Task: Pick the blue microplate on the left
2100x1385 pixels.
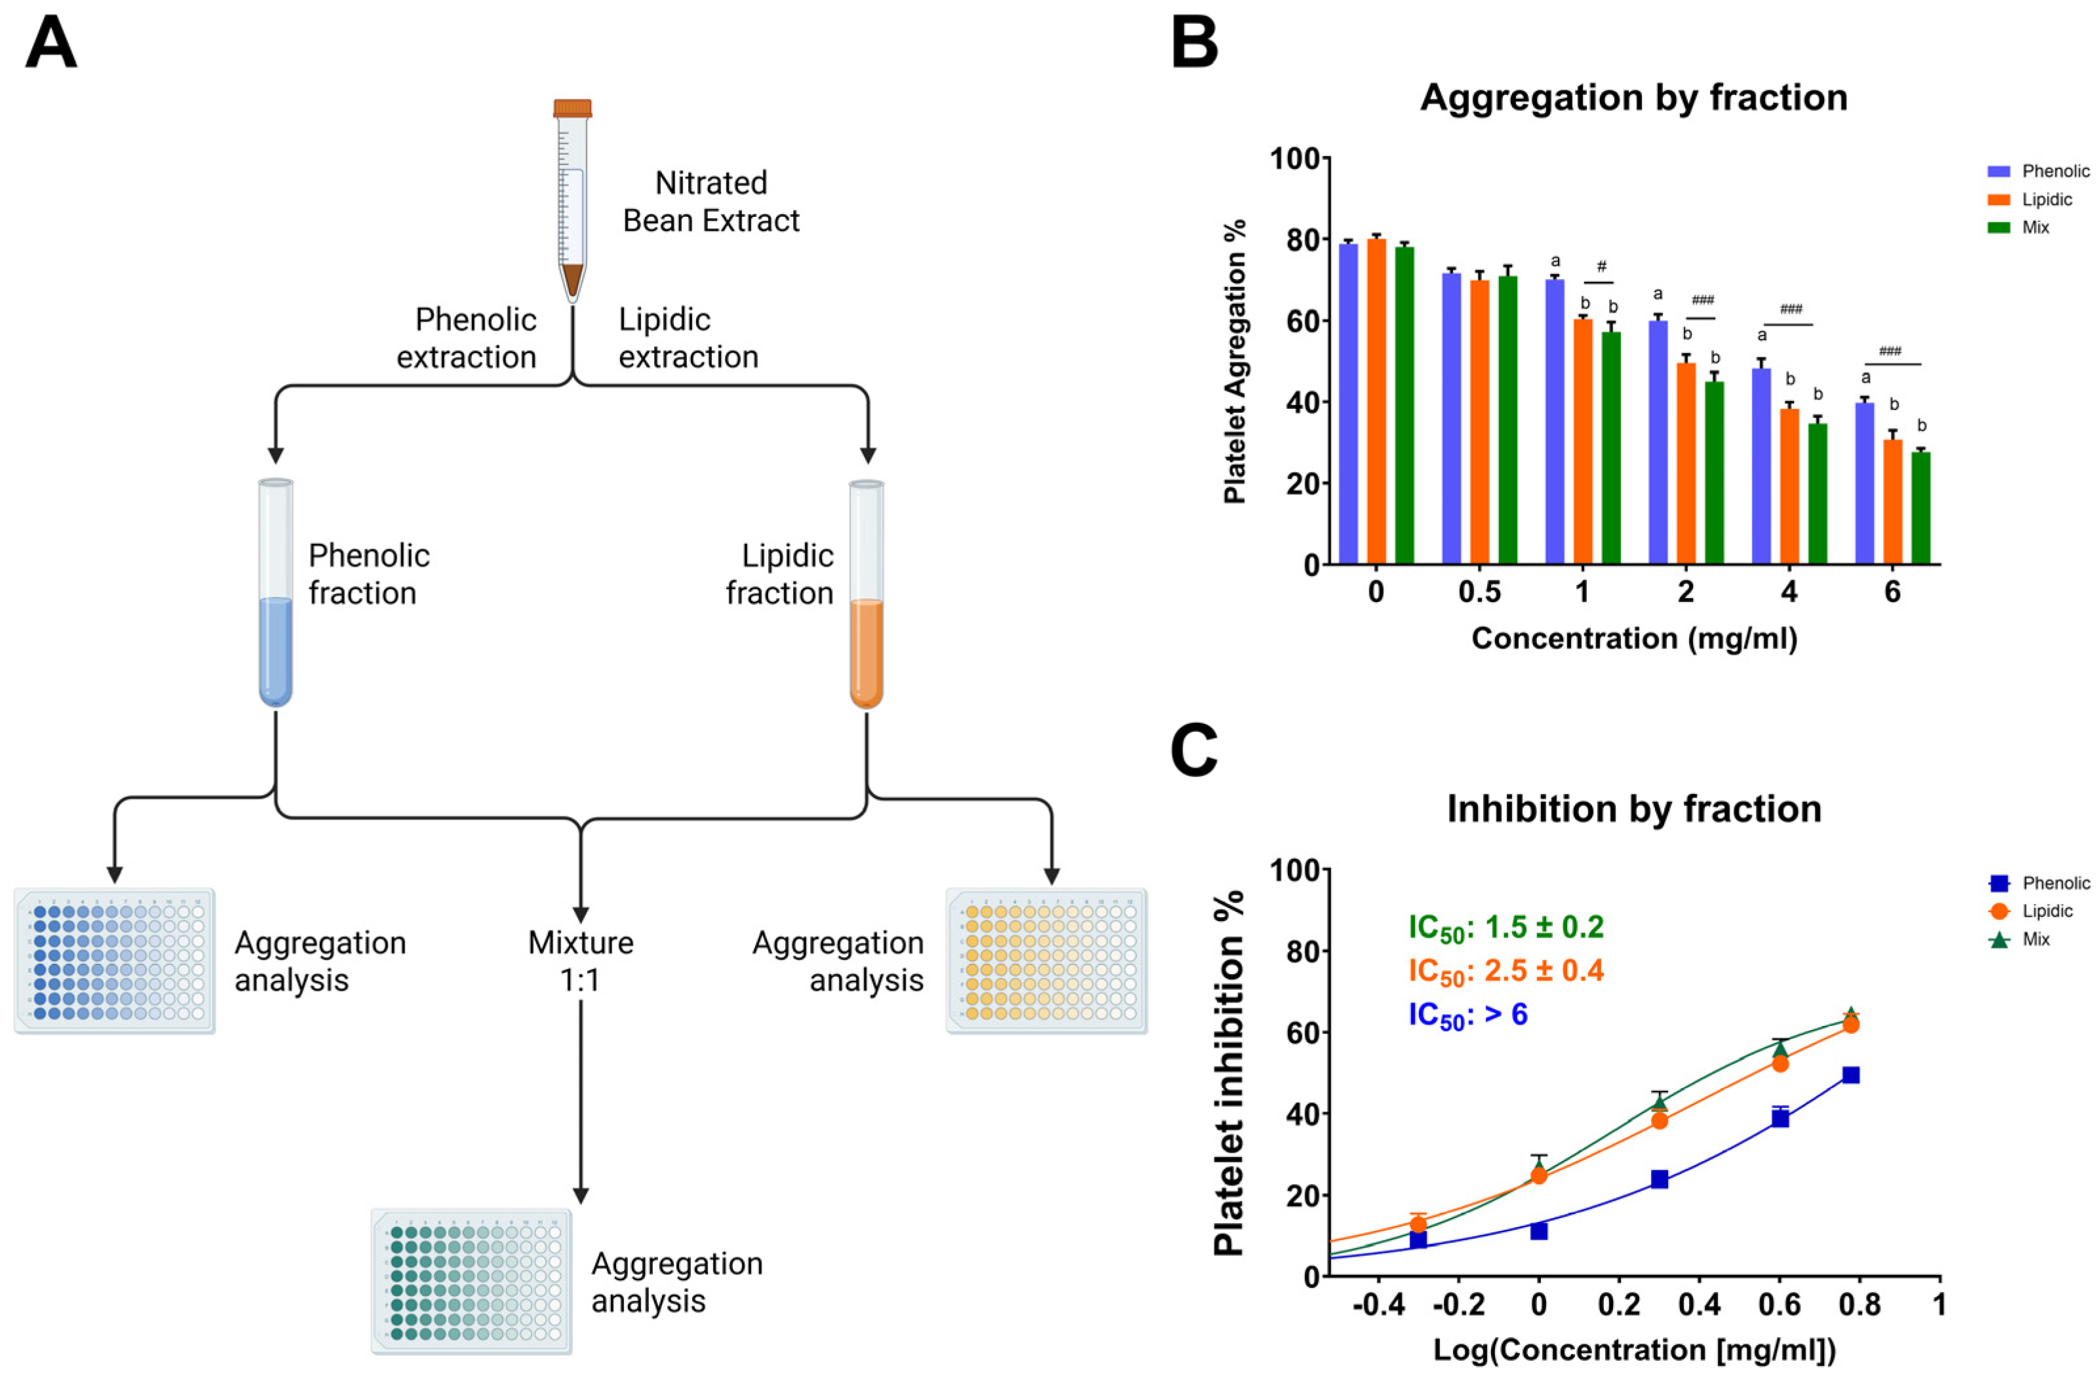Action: click(115, 960)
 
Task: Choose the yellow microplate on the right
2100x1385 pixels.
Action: click(1046, 960)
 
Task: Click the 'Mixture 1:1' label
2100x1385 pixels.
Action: click(581, 961)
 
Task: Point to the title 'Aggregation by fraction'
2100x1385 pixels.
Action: click(1633, 97)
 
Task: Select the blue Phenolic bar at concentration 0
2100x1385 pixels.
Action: click(1348, 404)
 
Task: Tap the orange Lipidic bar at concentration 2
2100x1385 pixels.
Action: click(1686, 464)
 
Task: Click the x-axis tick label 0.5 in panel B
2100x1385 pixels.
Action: click(1479, 592)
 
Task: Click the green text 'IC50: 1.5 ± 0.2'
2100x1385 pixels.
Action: click(1506, 926)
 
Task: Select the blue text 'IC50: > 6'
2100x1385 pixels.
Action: click(1468, 1015)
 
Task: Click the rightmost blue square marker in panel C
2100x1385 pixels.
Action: click(1851, 1075)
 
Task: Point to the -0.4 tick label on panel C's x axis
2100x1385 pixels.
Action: click(1379, 1304)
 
